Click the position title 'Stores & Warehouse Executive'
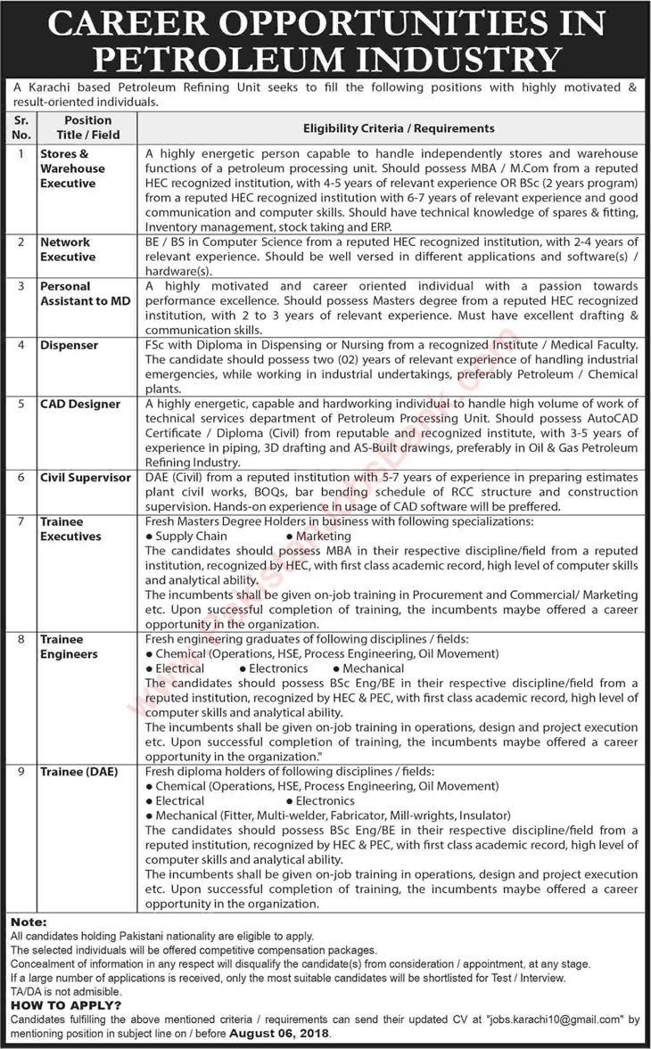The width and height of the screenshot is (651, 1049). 72,168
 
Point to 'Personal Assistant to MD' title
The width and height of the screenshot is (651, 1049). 85,294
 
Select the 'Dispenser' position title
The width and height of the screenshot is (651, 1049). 69,345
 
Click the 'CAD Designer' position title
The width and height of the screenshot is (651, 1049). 79,404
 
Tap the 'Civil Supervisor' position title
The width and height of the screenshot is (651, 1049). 85,478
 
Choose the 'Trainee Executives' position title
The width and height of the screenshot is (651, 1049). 70,529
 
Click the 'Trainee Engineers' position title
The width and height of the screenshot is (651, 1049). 69,647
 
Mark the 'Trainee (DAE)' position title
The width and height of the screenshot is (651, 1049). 78,771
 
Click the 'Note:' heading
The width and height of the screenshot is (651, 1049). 28,922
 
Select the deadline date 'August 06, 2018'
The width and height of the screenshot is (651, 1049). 278,1034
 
